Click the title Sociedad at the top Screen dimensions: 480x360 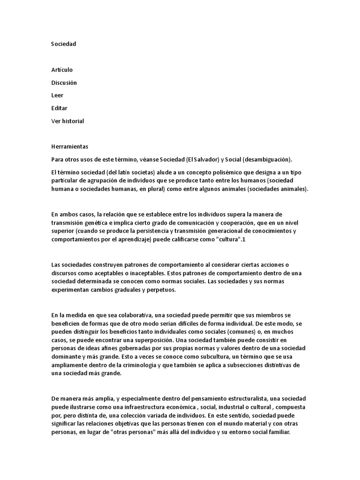click(63, 44)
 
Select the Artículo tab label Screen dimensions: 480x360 click(62, 70)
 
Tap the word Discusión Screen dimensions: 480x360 click(64, 83)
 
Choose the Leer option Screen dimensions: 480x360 click(57, 96)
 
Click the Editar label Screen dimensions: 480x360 click(59, 108)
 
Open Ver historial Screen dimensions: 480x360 click(67, 121)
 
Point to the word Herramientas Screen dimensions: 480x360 click(69, 147)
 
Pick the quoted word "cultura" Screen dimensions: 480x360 click(238, 240)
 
